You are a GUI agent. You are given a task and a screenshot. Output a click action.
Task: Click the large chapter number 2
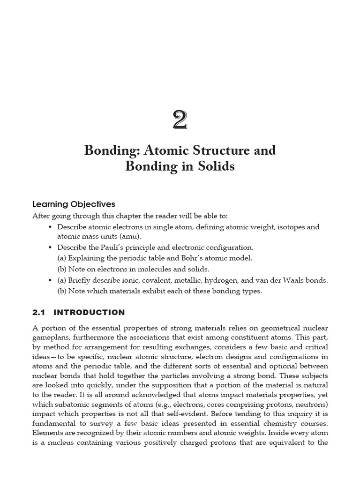tap(180, 120)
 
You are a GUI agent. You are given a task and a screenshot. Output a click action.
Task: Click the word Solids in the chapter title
tap(216, 166)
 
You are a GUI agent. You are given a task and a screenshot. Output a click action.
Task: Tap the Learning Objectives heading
tap(74, 204)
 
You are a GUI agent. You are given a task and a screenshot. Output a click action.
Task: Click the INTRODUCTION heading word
tap(90, 312)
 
